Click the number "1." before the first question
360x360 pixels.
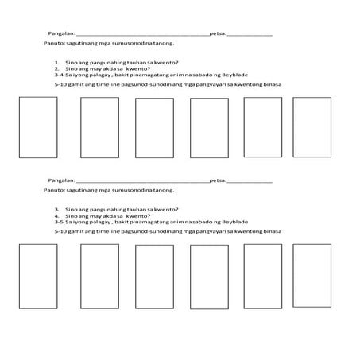[58, 62]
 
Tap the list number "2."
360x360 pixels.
[58, 68]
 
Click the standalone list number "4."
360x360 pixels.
[58, 215]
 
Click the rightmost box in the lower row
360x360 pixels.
[312, 273]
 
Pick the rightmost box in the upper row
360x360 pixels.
[312, 127]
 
